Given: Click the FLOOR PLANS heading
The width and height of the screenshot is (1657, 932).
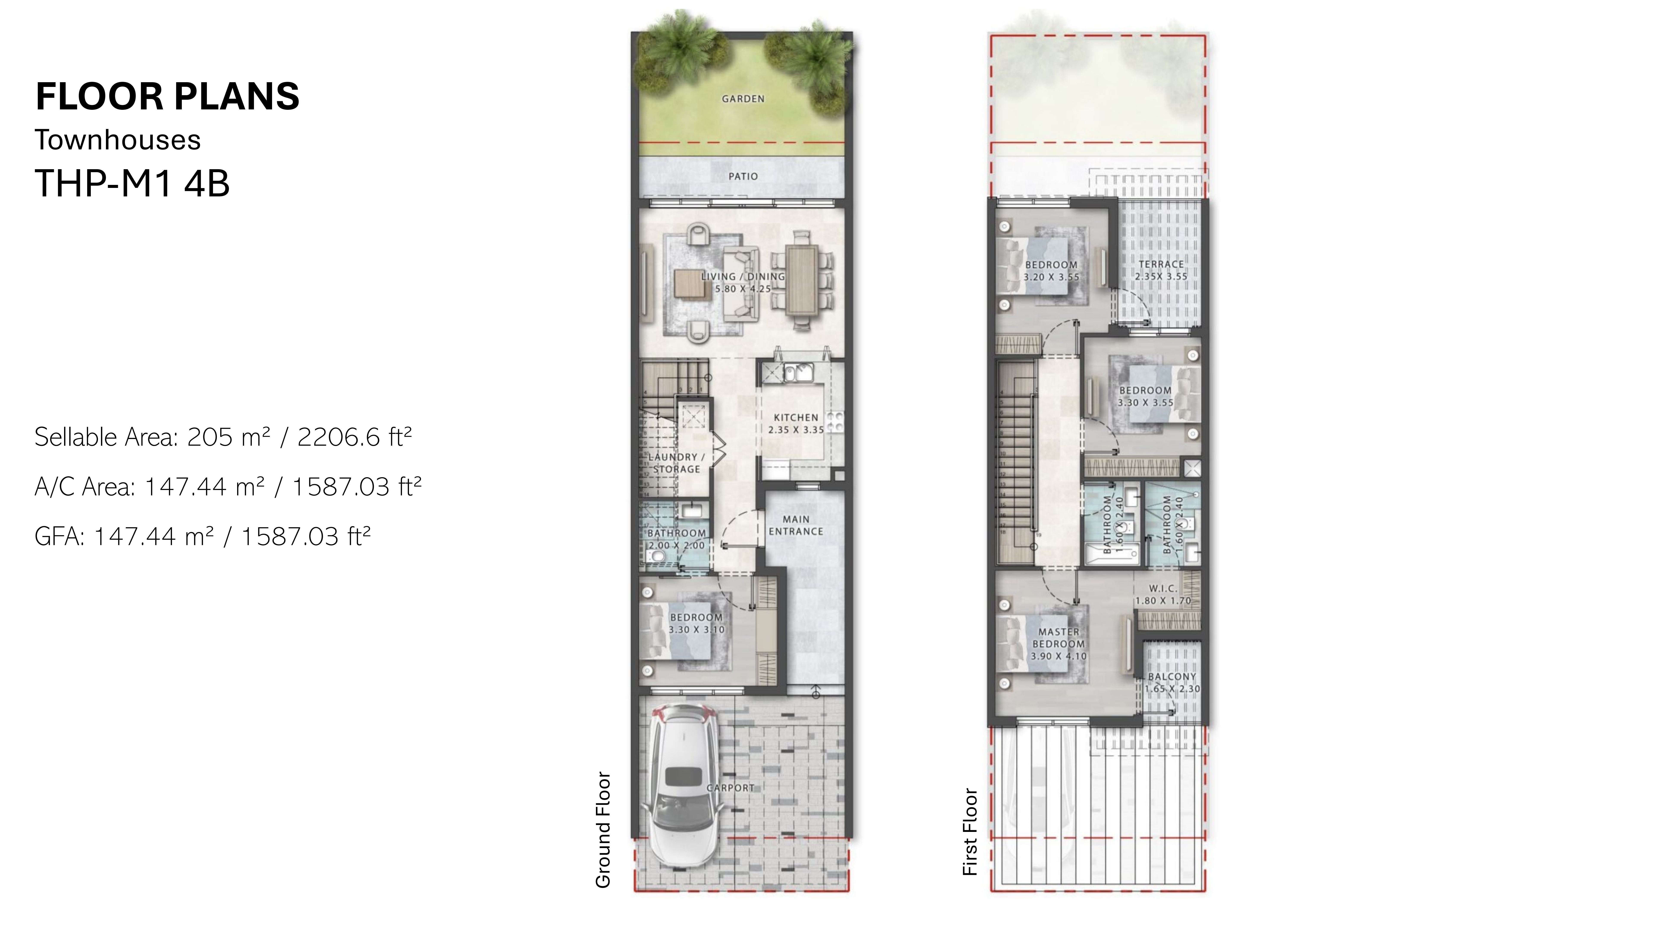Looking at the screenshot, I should (167, 96).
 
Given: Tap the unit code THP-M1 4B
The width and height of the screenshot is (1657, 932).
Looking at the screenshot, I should (132, 183).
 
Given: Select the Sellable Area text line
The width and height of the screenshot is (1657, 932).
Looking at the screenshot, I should (223, 437).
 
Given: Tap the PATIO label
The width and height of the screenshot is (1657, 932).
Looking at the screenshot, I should (743, 176).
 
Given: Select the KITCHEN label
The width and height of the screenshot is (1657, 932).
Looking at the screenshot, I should (796, 417).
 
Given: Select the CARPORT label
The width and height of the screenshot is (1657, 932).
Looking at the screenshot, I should (730, 788).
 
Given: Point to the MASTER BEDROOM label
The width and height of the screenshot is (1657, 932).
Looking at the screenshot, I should (1058, 638).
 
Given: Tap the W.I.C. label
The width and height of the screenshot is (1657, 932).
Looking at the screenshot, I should (1163, 589).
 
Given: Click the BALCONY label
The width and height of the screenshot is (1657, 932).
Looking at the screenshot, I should (1172, 677).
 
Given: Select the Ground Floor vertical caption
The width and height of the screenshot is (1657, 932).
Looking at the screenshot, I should (603, 830).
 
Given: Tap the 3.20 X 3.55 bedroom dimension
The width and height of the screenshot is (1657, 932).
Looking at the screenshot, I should (1051, 277).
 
